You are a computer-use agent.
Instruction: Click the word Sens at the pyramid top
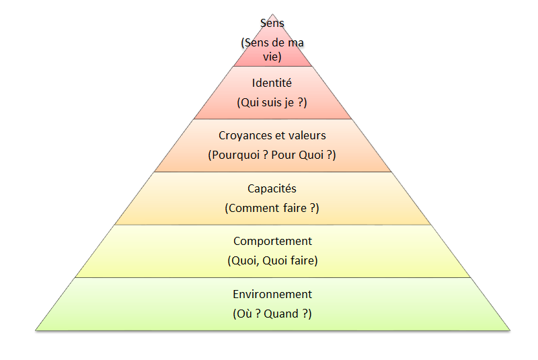point(272,24)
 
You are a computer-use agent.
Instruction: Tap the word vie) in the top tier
point(272,57)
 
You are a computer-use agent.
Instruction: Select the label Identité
point(272,83)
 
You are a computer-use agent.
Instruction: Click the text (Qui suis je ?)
point(272,103)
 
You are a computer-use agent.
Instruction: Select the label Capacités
point(272,188)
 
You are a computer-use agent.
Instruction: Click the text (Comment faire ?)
point(272,208)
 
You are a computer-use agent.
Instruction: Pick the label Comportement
point(272,241)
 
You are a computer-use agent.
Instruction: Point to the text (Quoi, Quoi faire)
point(272,260)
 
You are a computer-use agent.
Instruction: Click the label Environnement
point(272,294)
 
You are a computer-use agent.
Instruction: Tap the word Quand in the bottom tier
point(289,314)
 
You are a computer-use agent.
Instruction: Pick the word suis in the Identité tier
point(270,103)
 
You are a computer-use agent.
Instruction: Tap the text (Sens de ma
point(272,43)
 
